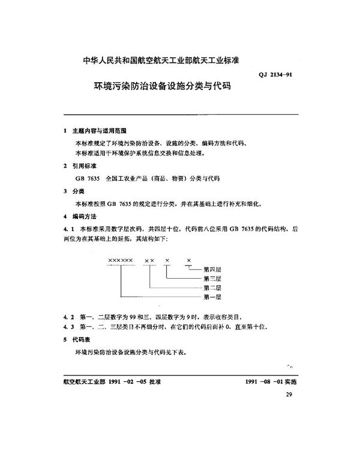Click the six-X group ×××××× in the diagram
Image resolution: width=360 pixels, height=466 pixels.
pos(121,259)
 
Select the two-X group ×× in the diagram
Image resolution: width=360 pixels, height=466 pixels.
pos(149,259)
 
